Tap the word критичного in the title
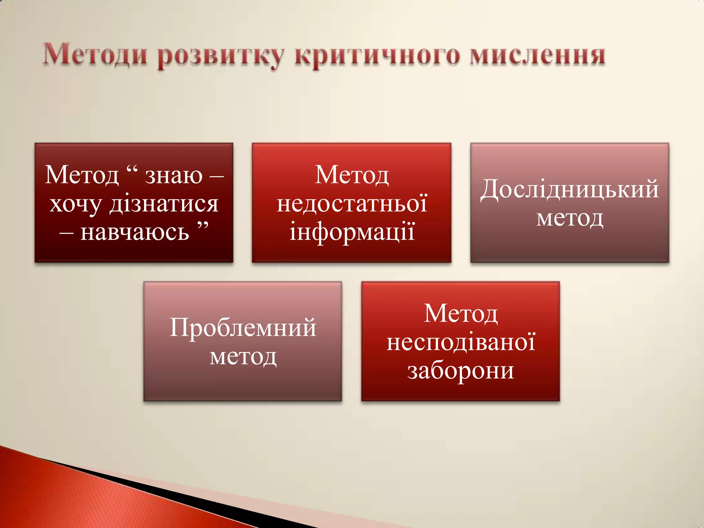377,56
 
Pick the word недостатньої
352,203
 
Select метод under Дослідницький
570,218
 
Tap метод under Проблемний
243,357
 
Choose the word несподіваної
461,342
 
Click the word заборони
461,371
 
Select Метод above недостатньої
352,175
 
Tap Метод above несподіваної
461,313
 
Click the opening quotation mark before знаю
132,169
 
